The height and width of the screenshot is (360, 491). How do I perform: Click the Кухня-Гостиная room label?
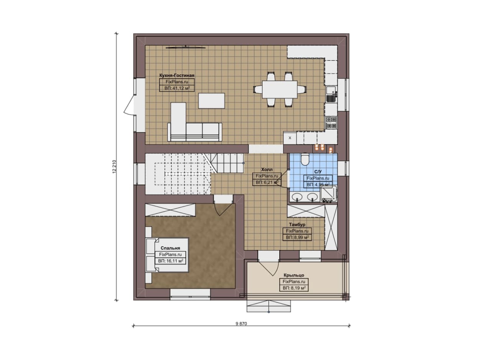click(x=177, y=76)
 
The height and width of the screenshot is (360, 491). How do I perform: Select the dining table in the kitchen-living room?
click(x=280, y=89)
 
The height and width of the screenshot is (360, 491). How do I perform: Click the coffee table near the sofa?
click(x=211, y=100)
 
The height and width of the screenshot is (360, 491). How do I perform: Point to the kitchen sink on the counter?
click(x=331, y=90)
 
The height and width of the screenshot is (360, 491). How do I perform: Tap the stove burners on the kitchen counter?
click(x=331, y=122)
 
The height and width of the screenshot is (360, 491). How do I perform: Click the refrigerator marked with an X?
click(x=290, y=138)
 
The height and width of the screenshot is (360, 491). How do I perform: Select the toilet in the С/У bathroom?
click(x=305, y=159)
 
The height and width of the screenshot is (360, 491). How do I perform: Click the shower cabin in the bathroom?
click(x=329, y=194)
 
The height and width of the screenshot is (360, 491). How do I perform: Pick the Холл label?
click(x=267, y=169)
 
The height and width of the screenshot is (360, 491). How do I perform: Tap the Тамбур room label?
click(x=297, y=225)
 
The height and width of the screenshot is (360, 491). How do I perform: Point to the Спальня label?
click(x=170, y=248)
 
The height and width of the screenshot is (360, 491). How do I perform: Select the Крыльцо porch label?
click(x=294, y=275)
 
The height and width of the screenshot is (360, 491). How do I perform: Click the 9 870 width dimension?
click(x=241, y=324)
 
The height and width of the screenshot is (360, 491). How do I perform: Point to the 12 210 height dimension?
click(x=114, y=167)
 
